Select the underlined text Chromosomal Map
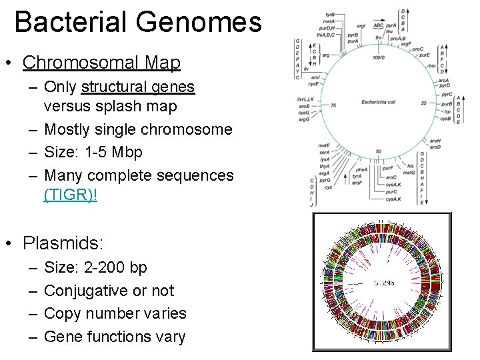tap(101, 63)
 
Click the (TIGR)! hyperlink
tap(70, 197)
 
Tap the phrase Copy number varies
tap(115, 313)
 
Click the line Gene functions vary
tap(114, 337)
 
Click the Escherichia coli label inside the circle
tap(379, 102)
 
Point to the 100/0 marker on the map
tap(379, 58)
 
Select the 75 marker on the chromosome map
tap(333, 105)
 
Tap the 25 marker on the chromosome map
tap(424, 103)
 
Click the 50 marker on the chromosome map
tap(378, 152)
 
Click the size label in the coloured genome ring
tap(384, 283)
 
